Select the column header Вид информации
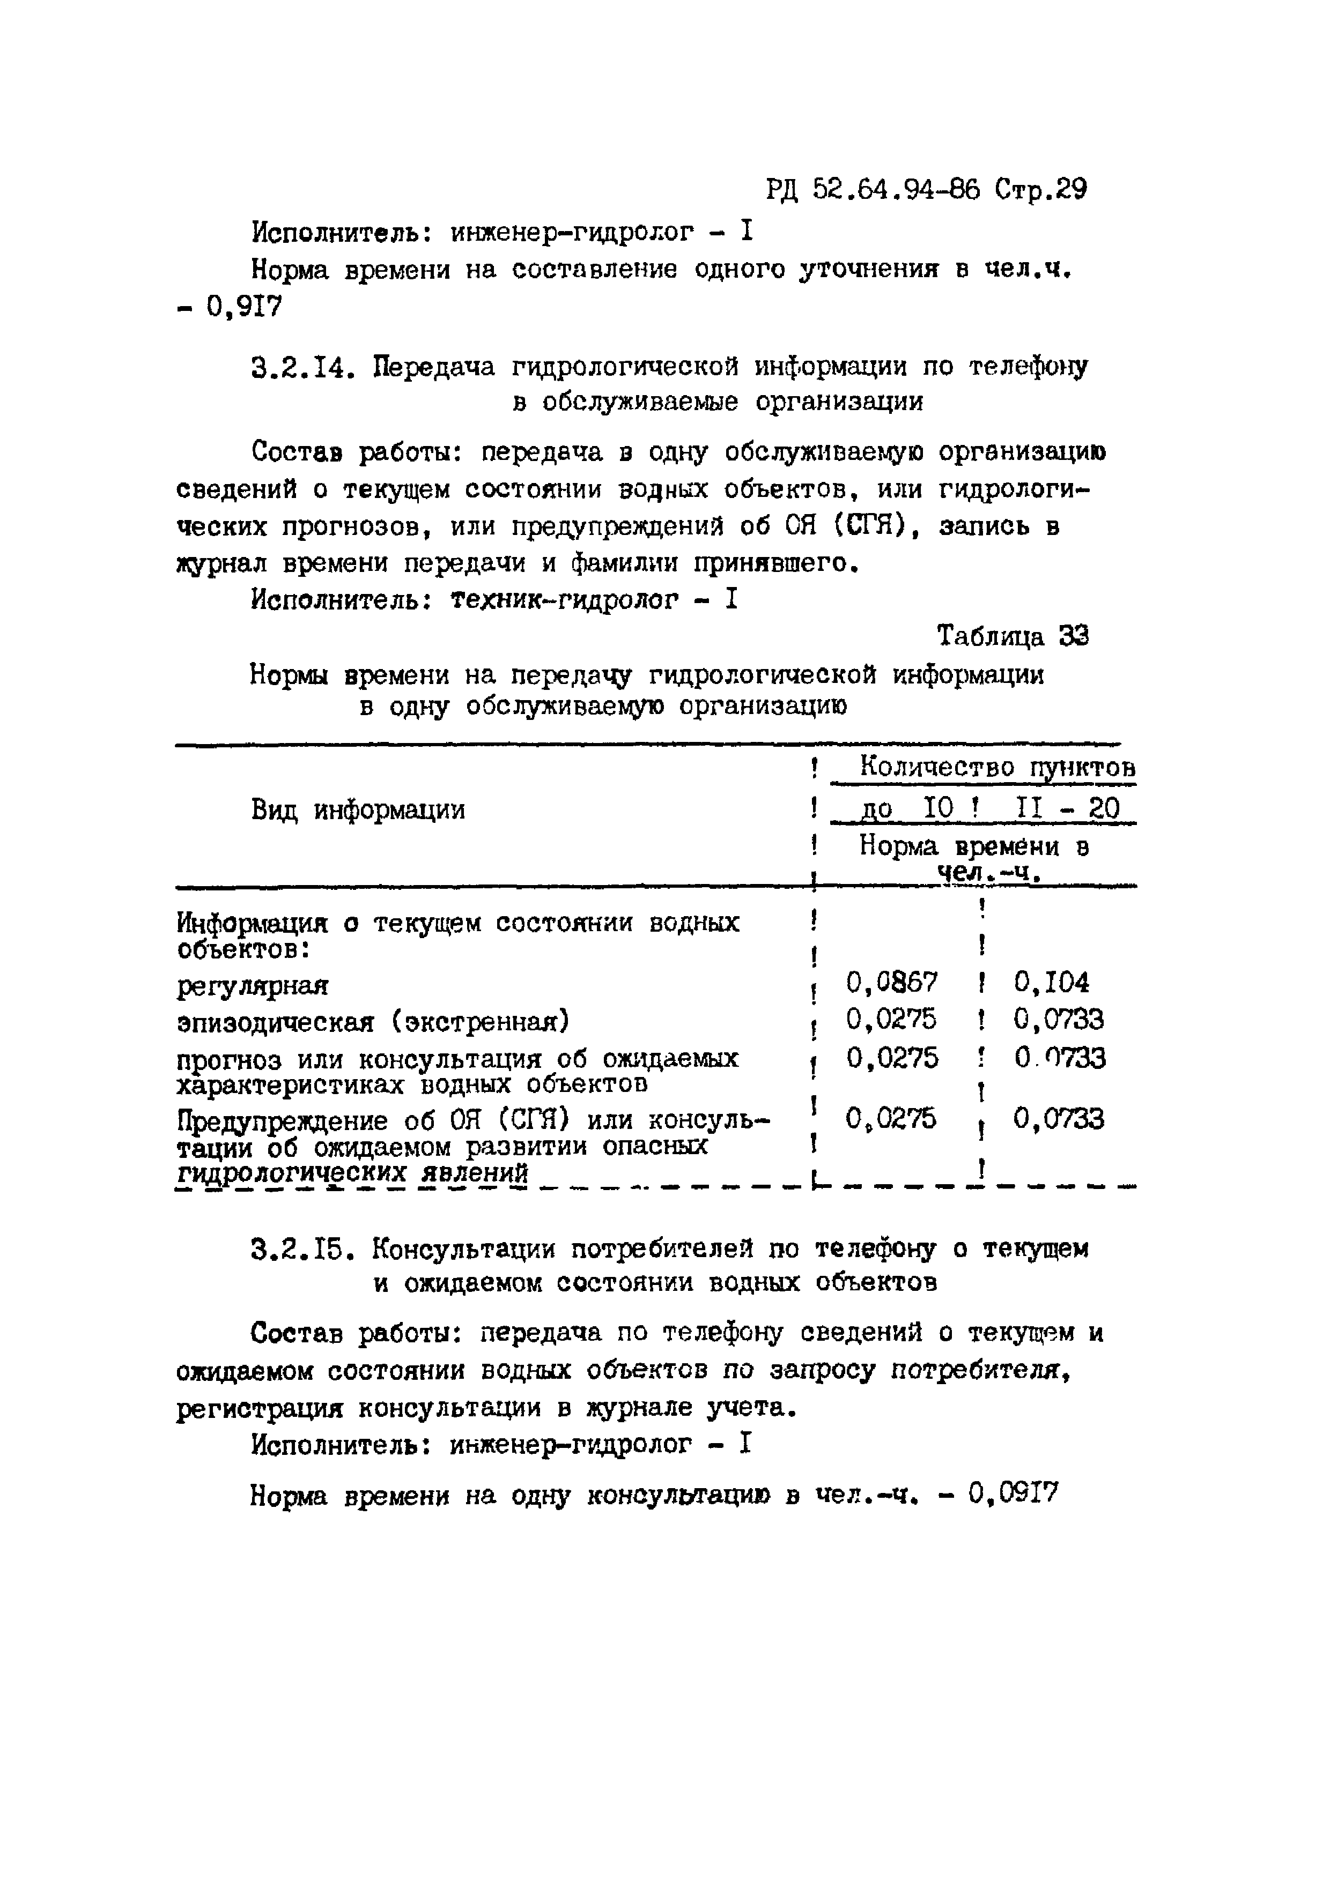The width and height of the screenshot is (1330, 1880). (x=358, y=810)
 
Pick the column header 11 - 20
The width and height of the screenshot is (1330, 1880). (x=1067, y=809)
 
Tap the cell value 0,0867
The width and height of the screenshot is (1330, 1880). (x=892, y=981)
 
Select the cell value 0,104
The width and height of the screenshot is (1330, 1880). (x=1052, y=981)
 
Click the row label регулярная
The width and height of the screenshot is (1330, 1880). (x=252, y=986)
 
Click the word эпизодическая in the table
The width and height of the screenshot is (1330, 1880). (x=275, y=1023)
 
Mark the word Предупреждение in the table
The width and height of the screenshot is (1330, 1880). (x=282, y=1120)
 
